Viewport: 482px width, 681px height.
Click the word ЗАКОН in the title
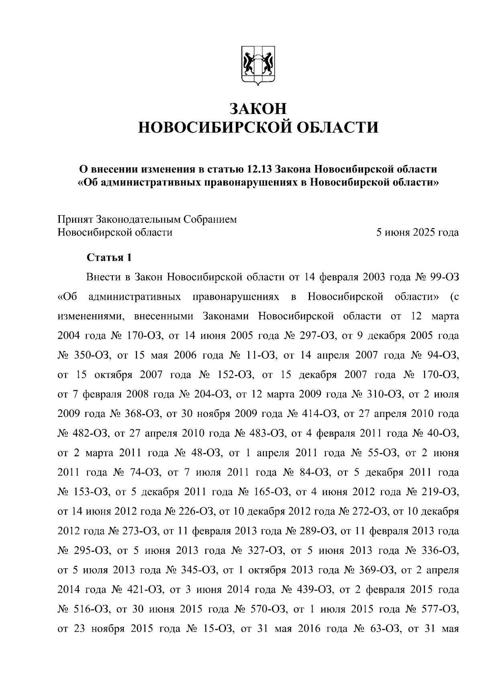pyautogui.click(x=258, y=108)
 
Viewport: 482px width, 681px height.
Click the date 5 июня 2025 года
pyautogui.click(x=417, y=232)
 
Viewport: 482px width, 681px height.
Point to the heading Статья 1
pyautogui.click(x=109, y=258)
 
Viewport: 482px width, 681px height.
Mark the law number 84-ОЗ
pyautogui.click(x=315, y=472)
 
